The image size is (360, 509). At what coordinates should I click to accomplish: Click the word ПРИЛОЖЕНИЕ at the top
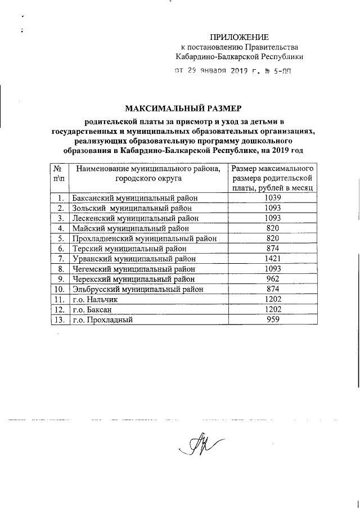point(240,36)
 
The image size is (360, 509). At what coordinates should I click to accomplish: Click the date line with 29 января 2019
point(233,71)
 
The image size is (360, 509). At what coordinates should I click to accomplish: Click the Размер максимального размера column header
point(272,178)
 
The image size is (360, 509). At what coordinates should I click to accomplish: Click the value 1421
point(272,258)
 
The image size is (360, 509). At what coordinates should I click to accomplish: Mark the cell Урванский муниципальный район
point(134,258)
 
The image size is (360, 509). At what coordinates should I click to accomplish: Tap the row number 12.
point(57,309)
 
